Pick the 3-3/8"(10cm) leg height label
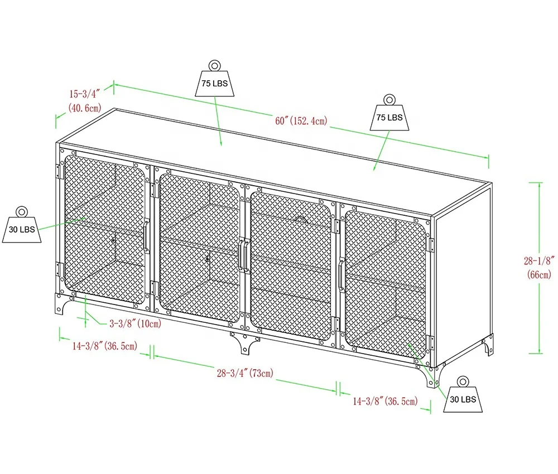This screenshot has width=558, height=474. [135, 323]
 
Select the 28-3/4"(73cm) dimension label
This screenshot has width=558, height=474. [245, 373]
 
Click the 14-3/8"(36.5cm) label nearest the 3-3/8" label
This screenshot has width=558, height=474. [104, 346]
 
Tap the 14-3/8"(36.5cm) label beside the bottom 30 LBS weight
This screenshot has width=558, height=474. [385, 400]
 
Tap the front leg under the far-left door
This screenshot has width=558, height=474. [61, 304]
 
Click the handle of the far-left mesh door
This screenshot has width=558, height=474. [146, 237]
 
